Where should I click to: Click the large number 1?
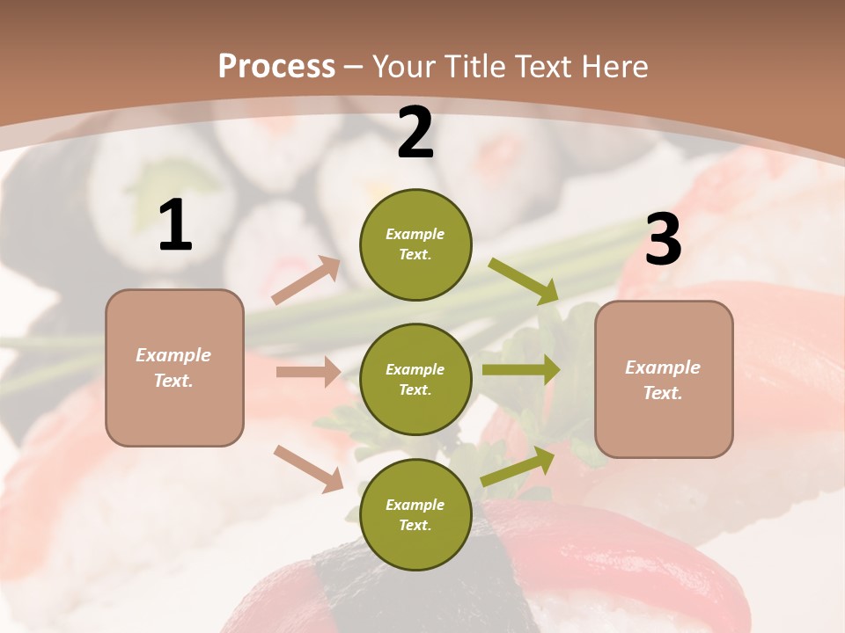click(x=175, y=226)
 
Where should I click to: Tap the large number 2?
click(x=415, y=134)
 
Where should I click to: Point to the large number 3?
click(x=663, y=240)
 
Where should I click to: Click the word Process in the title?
click(x=276, y=66)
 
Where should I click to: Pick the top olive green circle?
click(x=415, y=244)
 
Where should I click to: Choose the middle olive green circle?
click(x=415, y=379)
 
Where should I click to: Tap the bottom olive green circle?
click(x=415, y=514)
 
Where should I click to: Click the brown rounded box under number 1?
click(x=174, y=367)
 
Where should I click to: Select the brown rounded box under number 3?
click(x=664, y=379)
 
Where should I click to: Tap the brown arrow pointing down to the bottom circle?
click(x=308, y=468)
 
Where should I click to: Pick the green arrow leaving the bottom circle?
click(x=518, y=467)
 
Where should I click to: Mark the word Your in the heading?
click(x=404, y=66)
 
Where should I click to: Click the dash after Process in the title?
click(x=354, y=67)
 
